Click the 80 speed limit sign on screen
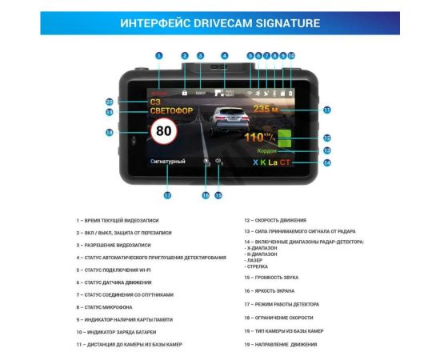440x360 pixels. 163,132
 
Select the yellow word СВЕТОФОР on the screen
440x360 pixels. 172,111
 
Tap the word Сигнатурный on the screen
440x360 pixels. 168,162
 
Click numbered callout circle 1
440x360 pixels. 159,56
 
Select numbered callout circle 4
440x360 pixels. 225,56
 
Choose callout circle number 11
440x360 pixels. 326,110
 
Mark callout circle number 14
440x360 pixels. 326,162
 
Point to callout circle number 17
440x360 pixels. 167,195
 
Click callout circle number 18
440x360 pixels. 110,132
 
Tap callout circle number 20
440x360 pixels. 110,102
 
